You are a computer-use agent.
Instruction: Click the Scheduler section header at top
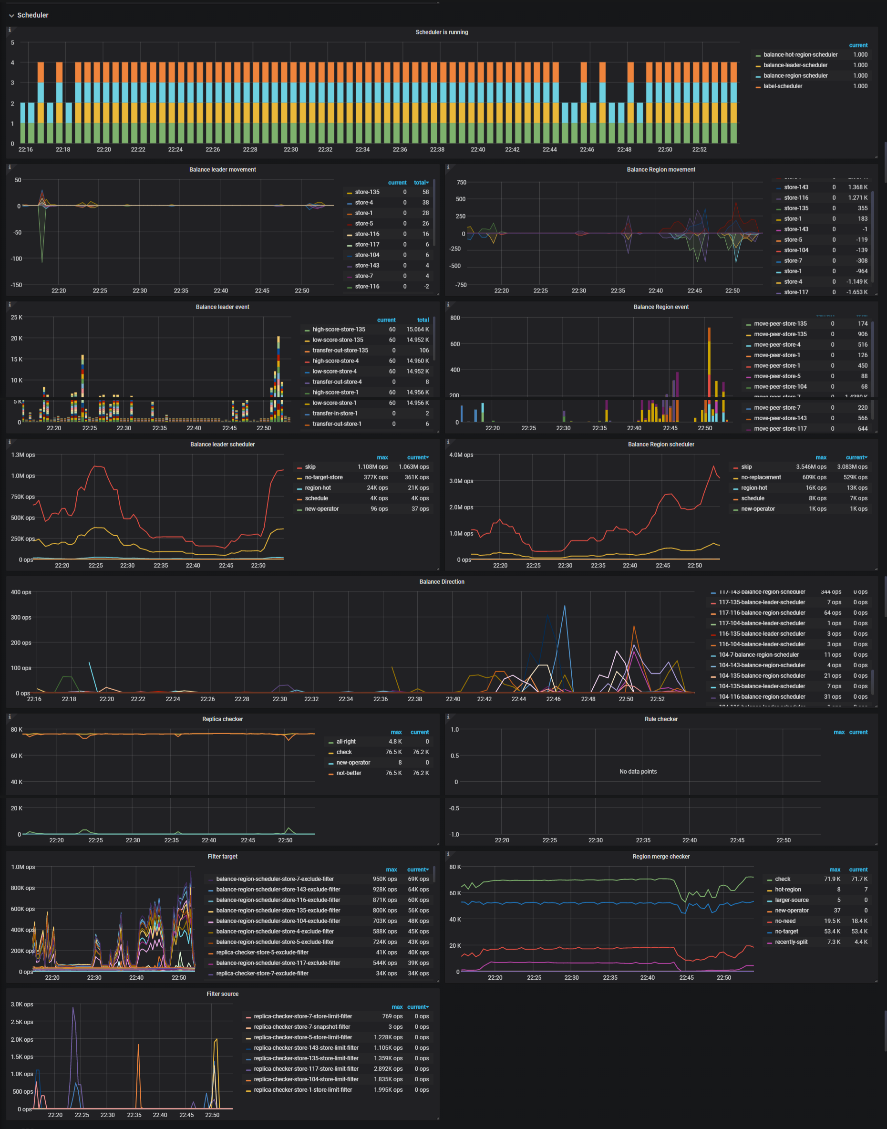click(32, 15)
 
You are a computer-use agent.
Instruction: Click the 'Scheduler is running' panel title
click(442, 32)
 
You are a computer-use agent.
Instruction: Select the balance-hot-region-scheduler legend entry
click(800, 54)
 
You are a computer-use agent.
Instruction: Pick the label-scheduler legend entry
click(782, 86)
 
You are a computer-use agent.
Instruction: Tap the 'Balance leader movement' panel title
click(222, 169)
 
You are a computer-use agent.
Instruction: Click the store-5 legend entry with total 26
click(363, 223)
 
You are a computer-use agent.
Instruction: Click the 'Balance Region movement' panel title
click(660, 169)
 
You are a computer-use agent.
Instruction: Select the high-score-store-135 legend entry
click(339, 329)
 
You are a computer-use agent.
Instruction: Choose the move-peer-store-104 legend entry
click(780, 386)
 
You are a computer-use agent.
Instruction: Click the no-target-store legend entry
click(323, 477)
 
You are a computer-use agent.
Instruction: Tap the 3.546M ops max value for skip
click(811, 467)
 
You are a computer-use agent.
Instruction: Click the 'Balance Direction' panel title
click(442, 581)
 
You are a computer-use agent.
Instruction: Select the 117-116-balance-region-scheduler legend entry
click(761, 613)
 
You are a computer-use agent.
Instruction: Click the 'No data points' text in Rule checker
click(638, 771)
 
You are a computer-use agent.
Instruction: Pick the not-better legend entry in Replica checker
click(349, 773)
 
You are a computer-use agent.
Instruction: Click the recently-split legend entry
click(791, 942)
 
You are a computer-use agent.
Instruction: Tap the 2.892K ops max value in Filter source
click(388, 1069)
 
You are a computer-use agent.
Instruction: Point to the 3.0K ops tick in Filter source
click(22, 1005)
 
